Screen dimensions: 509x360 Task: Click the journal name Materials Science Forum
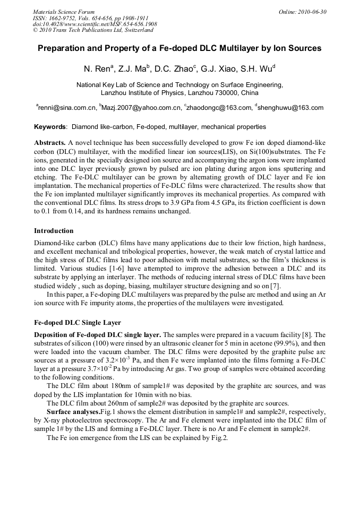pos(64,11)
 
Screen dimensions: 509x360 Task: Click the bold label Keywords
pos(50,127)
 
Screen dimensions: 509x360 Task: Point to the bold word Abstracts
pos(50,143)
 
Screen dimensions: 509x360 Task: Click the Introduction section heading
pos(54,231)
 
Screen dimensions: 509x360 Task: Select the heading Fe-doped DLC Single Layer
pos(78,322)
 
